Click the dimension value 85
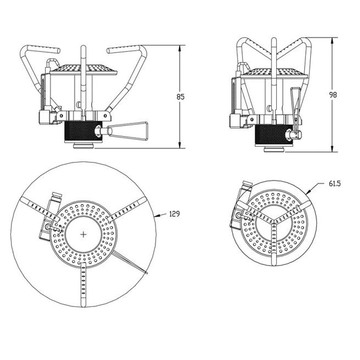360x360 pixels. click(x=180, y=97)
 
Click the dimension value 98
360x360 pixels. click(x=333, y=95)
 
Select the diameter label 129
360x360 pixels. click(x=175, y=214)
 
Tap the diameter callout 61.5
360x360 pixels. click(x=334, y=184)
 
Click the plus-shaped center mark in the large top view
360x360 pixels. click(x=84, y=234)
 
